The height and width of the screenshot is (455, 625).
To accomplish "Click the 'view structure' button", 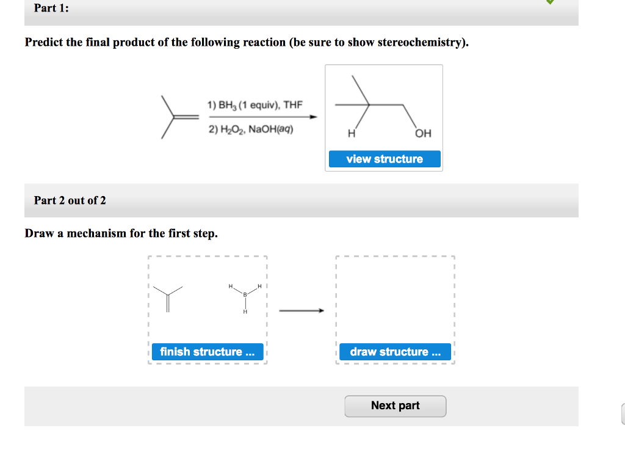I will coord(385,159).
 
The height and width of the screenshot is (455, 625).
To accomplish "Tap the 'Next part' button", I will coord(395,406).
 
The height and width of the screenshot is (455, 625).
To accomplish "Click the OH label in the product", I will coord(423,134).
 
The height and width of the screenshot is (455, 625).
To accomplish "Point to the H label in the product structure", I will coord(351,134).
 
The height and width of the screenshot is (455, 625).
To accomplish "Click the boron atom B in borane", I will coord(245,295).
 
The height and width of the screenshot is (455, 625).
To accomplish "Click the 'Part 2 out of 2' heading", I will coord(70,200).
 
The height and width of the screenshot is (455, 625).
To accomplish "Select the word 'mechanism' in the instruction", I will coord(96,233).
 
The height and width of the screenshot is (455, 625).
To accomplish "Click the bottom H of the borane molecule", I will coord(245,312).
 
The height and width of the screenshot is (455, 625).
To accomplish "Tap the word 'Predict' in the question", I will coord(45,43).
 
